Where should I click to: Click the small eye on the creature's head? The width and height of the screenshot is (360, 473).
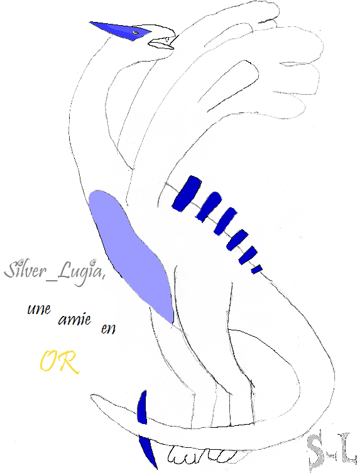pos(136,33)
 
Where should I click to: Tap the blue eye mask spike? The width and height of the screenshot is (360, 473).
pos(121,31)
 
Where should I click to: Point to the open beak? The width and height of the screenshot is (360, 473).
pos(161,43)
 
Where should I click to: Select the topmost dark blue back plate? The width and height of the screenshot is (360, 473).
pos(187,193)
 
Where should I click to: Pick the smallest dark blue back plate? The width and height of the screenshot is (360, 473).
pos(256,269)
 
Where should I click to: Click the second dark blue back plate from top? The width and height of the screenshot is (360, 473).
pos(208,207)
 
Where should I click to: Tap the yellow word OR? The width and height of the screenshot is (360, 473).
pos(60,362)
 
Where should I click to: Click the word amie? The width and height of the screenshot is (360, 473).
pos(75,320)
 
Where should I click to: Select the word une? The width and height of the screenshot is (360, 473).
pos(39,309)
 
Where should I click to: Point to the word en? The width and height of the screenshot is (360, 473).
pos(108,329)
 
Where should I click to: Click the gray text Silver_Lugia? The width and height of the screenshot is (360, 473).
pos(54,271)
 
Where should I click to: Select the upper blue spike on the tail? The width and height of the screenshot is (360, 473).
pos(142,408)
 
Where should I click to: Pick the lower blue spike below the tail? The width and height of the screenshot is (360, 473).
pos(148,452)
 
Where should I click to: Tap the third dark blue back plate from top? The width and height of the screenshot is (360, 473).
pos(225,221)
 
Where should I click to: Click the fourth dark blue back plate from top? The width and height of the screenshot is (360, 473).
pos(237,240)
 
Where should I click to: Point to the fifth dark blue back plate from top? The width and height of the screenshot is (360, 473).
pos(248,255)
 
